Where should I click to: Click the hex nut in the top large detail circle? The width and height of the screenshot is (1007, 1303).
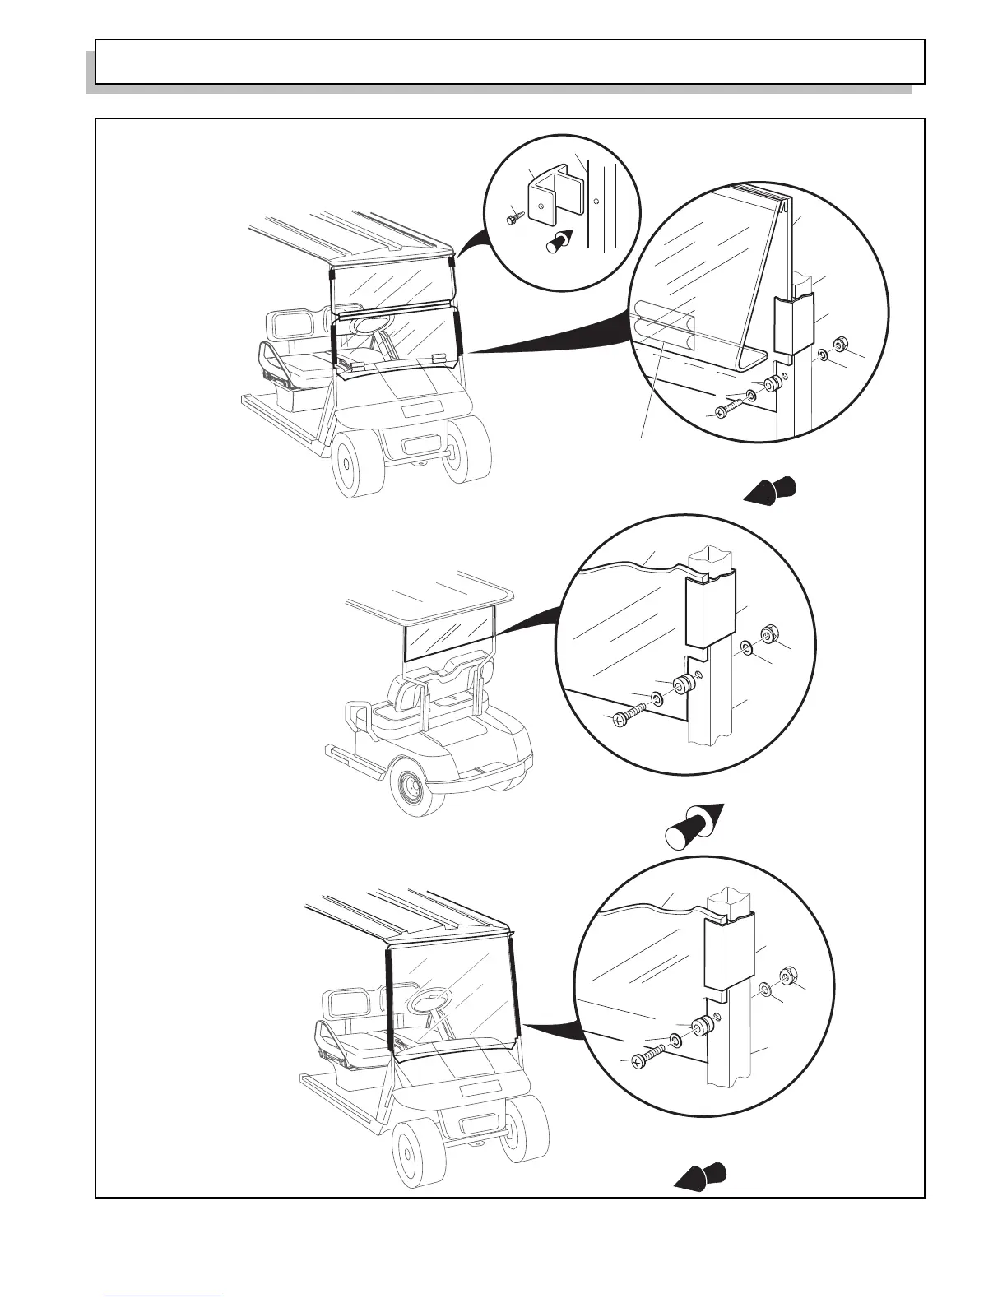click(841, 344)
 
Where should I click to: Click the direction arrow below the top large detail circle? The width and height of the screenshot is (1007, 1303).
click(772, 489)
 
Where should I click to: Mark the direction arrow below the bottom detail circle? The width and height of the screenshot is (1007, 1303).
click(702, 1175)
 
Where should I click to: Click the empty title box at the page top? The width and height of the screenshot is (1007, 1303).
click(509, 62)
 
